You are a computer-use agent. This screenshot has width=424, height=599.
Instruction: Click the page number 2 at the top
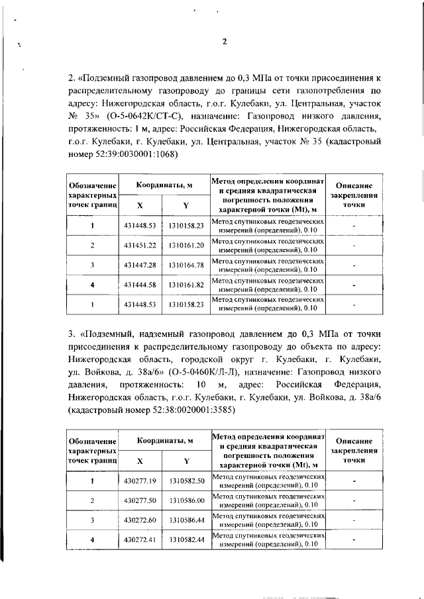tap(224, 42)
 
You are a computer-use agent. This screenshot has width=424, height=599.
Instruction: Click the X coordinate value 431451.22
tap(139, 246)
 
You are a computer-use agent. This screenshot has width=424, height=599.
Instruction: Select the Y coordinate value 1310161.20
tap(185, 246)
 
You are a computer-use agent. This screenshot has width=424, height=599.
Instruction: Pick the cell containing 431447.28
tap(139, 265)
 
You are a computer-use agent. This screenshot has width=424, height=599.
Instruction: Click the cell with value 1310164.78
tap(185, 265)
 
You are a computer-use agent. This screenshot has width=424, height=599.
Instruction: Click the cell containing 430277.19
tap(139, 480)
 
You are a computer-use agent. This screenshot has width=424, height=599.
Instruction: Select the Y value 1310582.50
tap(185, 480)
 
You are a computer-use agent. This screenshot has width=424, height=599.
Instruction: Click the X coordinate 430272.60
tap(139, 520)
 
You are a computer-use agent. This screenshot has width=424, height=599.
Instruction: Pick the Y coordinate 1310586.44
tap(185, 520)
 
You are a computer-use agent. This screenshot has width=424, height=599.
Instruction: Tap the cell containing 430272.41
tap(139, 540)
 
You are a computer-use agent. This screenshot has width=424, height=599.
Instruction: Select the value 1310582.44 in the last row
tap(185, 540)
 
